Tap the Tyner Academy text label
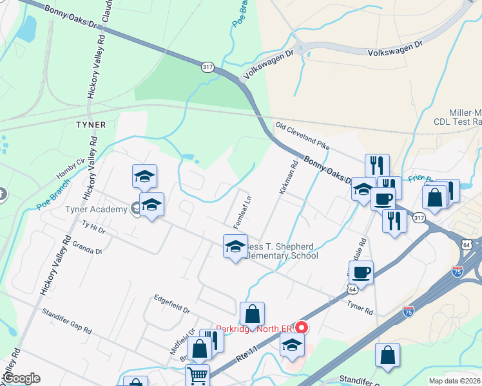pos(95,209)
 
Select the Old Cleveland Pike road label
pos(302,136)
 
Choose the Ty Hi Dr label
pos(93,226)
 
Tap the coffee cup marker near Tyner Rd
pos(361,272)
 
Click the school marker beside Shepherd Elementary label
pos(235,247)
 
